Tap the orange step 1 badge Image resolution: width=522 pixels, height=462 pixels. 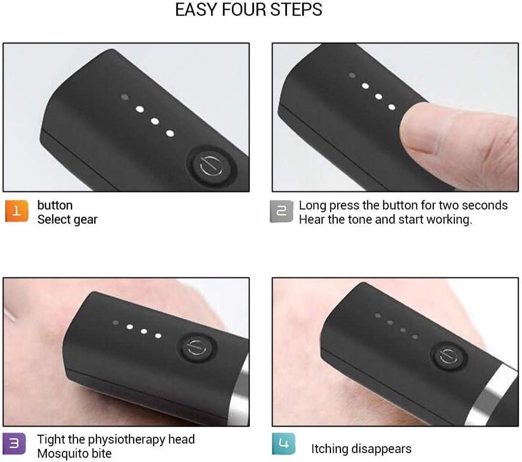coord(16,211)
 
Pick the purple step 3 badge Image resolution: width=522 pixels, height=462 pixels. coord(15,444)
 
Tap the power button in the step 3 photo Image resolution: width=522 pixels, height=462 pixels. coord(194,347)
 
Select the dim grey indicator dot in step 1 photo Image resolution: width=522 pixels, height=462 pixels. coord(125,98)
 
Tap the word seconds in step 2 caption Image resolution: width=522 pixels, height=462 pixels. coord(485,205)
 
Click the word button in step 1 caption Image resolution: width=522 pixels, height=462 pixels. coord(55,205)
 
